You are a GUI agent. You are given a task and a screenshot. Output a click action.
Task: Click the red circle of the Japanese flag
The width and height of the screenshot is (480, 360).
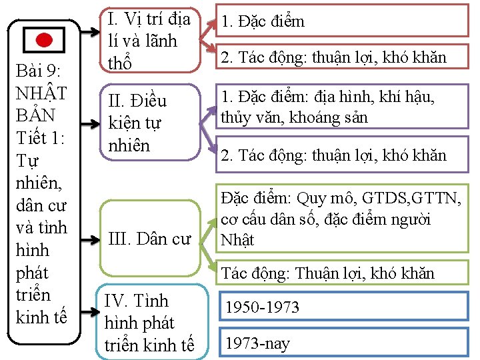tap(44, 40)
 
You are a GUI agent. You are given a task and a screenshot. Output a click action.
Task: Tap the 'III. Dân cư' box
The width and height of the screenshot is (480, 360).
tap(149, 238)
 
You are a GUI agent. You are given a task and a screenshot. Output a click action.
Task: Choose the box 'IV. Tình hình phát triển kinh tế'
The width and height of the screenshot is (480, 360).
tap(149, 323)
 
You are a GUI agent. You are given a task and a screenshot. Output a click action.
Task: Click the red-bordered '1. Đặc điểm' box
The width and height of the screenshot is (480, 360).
tap(344, 21)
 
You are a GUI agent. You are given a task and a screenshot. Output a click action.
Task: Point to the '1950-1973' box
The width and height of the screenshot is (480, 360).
tap(344, 307)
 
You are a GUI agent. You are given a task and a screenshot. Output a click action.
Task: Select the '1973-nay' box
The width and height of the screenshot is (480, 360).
tap(344, 343)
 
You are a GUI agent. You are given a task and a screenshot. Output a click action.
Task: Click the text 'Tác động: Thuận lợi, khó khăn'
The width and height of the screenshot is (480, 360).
tap(327, 273)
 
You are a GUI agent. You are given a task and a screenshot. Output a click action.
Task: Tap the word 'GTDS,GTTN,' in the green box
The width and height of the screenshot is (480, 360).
tap(414, 198)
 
